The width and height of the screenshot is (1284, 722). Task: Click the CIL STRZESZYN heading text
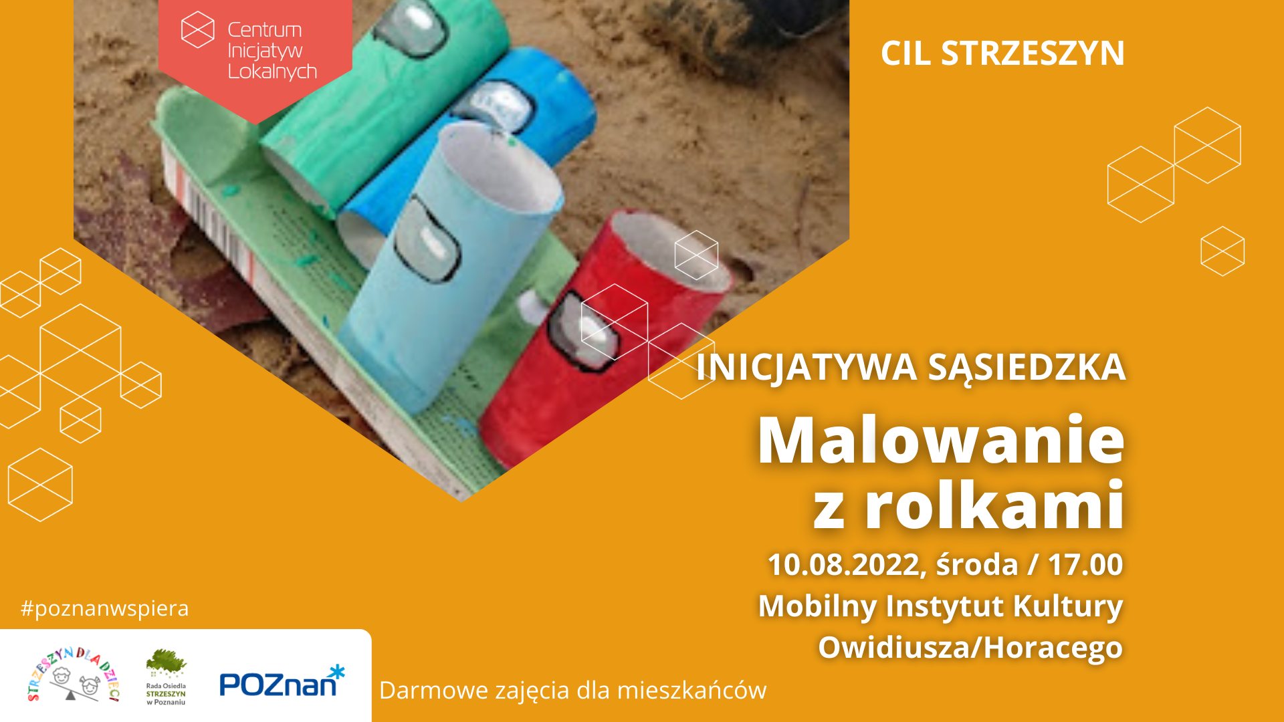[1002, 53]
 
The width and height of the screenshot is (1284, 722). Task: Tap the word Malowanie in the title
[941, 440]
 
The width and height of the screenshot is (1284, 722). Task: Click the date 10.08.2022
[843, 565]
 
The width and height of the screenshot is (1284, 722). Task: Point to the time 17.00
[1085, 565]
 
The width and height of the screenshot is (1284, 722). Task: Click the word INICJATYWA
[806, 368]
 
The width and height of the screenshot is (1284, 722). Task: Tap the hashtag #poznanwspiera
[105, 608]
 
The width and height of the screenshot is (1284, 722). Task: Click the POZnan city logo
[282, 681]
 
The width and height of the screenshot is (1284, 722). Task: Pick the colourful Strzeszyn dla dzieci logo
[74, 675]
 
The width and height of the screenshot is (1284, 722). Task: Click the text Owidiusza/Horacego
[970, 647]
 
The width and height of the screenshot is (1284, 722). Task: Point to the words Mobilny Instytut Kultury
[940, 606]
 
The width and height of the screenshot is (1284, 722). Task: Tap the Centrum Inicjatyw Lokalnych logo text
[272, 51]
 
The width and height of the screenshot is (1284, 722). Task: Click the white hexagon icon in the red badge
[198, 29]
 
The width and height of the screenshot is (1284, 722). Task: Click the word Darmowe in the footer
[434, 690]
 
